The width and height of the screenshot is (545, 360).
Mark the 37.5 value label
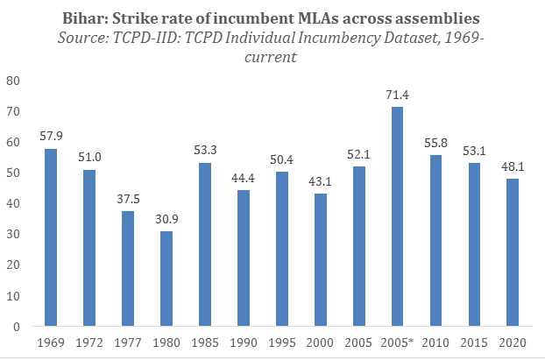pyautogui.click(x=128, y=199)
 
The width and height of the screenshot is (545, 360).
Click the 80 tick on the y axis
pyautogui.click(x=12, y=81)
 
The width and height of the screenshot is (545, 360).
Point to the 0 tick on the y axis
pyautogui.click(x=16, y=327)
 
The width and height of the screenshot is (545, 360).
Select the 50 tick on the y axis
pyautogui.click(x=12, y=173)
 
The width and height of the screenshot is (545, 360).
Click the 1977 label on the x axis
pyautogui.click(x=128, y=342)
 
